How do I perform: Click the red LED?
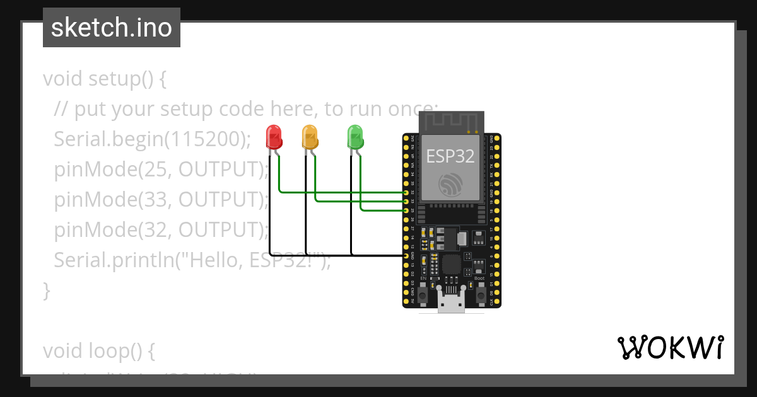[x=273, y=136]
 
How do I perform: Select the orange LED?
[x=309, y=136]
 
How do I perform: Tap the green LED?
[x=355, y=136]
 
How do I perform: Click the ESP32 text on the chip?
[x=450, y=156]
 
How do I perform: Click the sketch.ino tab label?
[x=112, y=28]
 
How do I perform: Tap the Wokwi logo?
[x=671, y=348]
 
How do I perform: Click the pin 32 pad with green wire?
[x=406, y=192]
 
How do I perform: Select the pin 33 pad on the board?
[x=406, y=201]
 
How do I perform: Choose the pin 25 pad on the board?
[x=406, y=210]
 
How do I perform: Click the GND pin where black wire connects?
[x=406, y=256]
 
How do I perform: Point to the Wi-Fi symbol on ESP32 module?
[x=450, y=183]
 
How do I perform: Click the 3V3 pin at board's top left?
[x=406, y=137]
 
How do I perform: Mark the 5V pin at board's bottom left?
[x=406, y=302]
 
